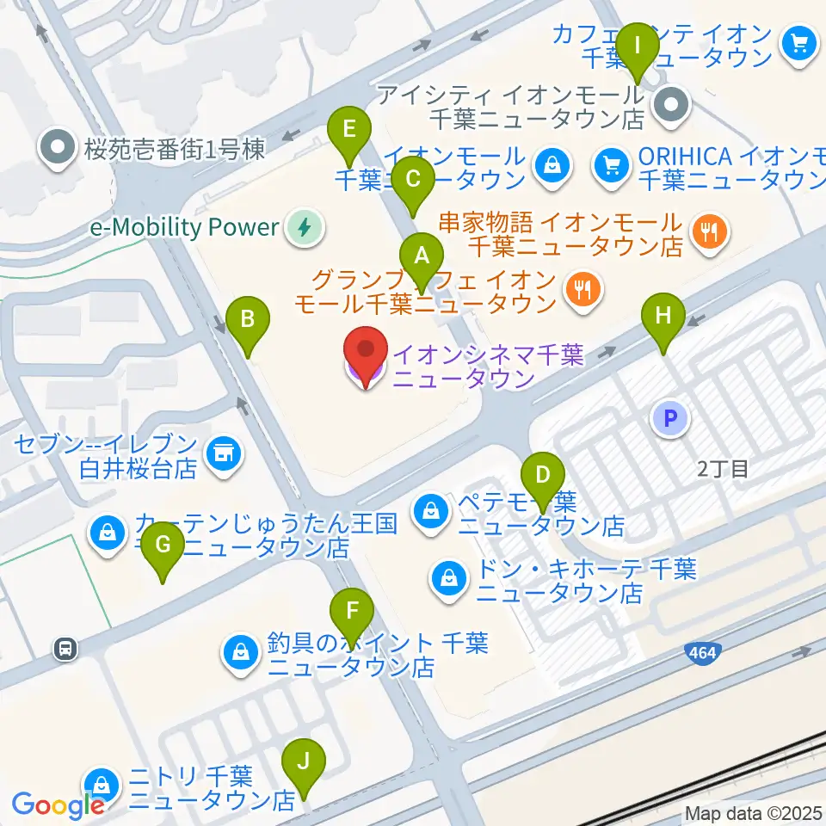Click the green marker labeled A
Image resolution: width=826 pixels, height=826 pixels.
click(x=422, y=256)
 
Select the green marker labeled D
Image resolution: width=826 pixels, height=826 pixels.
click(x=543, y=476)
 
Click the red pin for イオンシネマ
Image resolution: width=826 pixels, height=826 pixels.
click(x=366, y=354)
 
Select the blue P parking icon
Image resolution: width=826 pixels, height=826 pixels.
click(x=670, y=419)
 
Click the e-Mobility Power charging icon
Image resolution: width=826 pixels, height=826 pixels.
click(x=303, y=227)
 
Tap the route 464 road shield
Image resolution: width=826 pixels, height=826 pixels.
click(x=702, y=655)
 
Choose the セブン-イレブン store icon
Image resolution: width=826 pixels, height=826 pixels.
click(x=224, y=448)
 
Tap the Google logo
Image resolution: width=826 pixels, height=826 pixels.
click(x=58, y=805)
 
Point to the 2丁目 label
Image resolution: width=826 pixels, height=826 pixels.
click(x=722, y=469)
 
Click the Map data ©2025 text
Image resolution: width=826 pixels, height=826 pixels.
click(x=753, y=812)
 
